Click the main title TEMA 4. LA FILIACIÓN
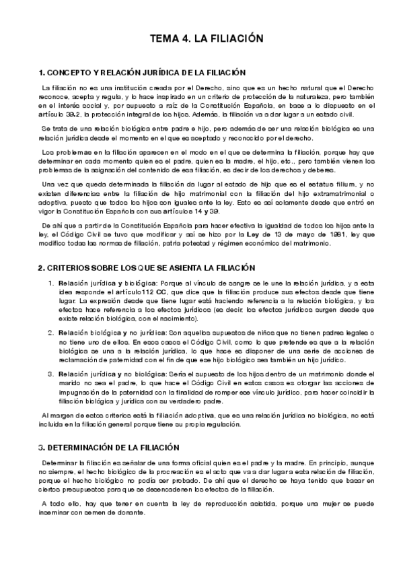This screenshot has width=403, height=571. pyautogui.click(x=206, y=39)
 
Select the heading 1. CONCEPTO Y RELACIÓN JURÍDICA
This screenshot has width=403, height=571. pyautogui.click(x=142, y=73)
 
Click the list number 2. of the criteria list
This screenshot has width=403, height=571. pyautogui.click(x=50, y=333)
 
